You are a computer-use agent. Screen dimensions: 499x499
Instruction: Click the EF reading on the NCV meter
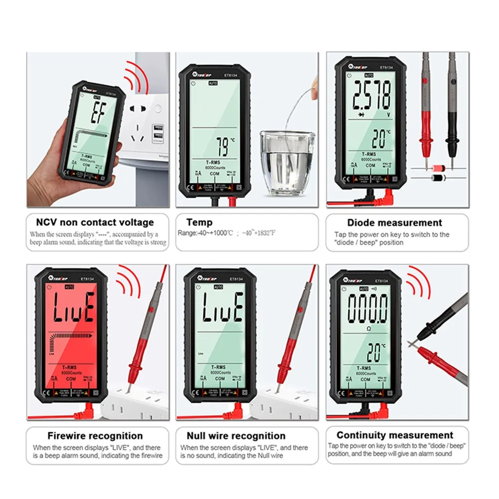click(96, 116)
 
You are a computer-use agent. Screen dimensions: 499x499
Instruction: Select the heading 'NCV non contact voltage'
click(95, 222)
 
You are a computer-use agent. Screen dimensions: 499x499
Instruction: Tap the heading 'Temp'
click(199, 222)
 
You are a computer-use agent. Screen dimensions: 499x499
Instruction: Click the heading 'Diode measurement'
click(394, 223)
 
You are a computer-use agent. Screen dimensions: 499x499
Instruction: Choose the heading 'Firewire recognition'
click(95, 436)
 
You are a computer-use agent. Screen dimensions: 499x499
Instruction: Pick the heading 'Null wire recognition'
click(236, 436)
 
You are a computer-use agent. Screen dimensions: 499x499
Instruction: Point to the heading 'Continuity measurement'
click(395, 435)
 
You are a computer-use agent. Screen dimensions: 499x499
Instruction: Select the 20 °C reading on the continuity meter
click(375, 352)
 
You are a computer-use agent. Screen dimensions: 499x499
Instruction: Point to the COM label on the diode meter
click(370, 165)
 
